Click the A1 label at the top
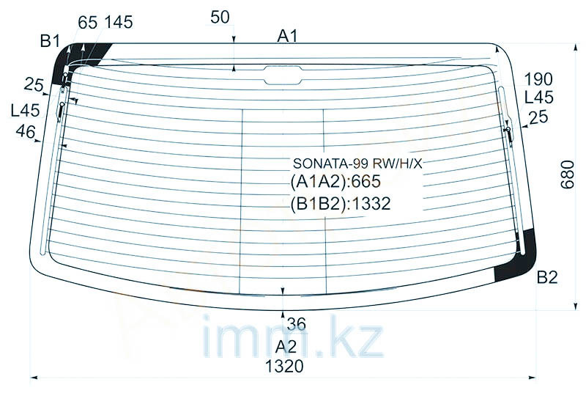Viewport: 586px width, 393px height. tap(287, 36)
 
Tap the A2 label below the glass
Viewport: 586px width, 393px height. tap(286, 347)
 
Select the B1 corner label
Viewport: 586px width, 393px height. tap(50, 41)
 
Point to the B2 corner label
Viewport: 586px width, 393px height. tap(547, 277)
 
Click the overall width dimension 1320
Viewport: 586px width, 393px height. tap(284, 367)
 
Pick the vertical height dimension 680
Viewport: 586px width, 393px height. tap(567, 175)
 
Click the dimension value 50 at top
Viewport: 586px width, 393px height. tap(220, 17)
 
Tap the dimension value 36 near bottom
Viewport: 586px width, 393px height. tap(297, 324)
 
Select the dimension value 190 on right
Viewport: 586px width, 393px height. tap(538, 79)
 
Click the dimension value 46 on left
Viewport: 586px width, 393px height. tap(26, 131)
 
